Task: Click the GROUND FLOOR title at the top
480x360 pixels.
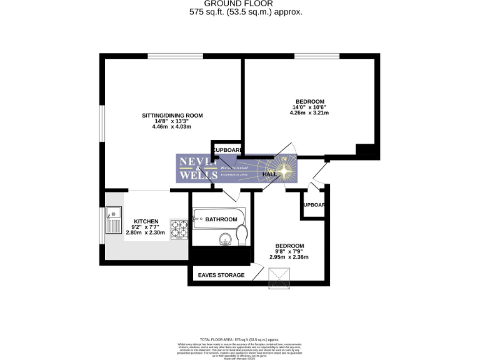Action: click(240, 3)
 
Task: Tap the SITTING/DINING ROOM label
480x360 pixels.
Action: click(172, 116)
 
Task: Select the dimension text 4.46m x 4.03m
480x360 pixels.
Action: click(171, 127)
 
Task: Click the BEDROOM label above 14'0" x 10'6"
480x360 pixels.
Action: click(310, 102)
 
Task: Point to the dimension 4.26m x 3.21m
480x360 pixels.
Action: click(310, 114)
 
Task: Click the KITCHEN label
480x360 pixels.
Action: click(145, 221)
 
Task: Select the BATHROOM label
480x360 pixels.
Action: click(221, 219)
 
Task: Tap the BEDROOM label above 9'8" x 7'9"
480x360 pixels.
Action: click(290, 246)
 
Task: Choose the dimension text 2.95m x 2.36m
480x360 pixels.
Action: click(289, 257)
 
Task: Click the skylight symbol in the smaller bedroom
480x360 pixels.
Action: click(279, 279)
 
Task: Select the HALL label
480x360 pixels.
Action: click(270, 174)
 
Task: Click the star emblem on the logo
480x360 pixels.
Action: click(286, 170)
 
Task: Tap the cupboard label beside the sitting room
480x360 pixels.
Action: click(227, 150)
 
